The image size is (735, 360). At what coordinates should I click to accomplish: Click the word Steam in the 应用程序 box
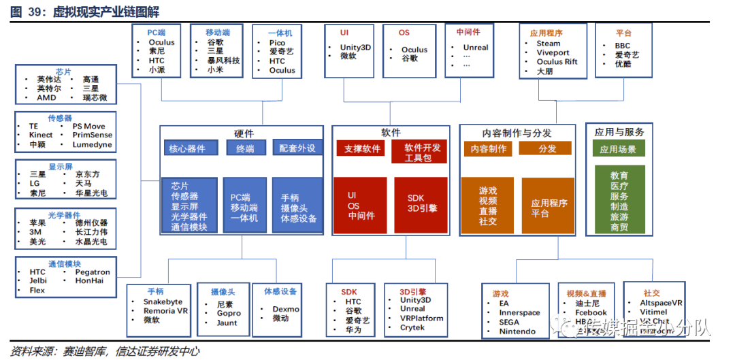[548, 44]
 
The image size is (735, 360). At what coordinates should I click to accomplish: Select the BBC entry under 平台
[622, 46]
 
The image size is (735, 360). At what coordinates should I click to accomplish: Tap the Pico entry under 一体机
[277, 43]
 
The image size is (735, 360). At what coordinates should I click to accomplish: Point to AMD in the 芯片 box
[46, 97]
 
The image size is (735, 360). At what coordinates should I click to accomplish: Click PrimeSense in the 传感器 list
[92, 135]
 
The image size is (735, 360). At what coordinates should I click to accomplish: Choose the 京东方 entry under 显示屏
[86, 174]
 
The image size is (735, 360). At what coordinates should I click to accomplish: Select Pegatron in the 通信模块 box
[92, 272]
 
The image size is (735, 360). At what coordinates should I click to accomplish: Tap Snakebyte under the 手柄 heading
[163, 301]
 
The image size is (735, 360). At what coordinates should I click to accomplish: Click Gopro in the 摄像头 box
[229, 314]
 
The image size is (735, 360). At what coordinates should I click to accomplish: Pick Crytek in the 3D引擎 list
[412, 327]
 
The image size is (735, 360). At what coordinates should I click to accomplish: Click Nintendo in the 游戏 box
[517, 331]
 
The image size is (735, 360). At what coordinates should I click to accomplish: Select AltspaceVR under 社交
[661, 303]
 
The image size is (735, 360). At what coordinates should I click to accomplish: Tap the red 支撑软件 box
[361, 148]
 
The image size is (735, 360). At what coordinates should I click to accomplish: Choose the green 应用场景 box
[618, 149]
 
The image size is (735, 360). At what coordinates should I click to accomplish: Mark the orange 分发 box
[546, 148]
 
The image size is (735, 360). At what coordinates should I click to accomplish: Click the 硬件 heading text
[243, 133]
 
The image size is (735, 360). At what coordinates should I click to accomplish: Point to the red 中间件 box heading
[468, 31]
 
